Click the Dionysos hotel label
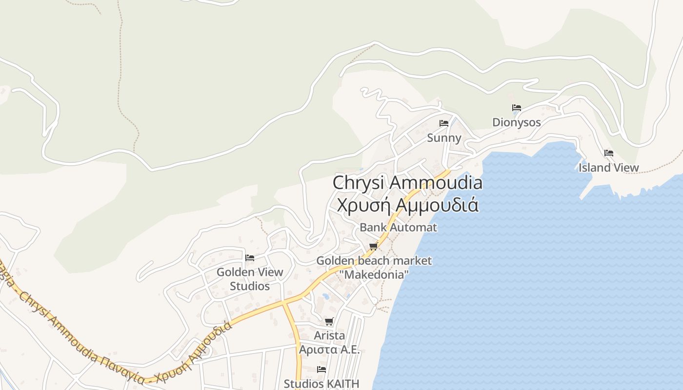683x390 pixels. coord(516,122)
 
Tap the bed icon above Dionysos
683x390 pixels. coord(517,108)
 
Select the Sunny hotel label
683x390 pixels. coord(444,138)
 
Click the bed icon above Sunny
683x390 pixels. coord(444,123)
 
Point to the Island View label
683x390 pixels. coord(608,168)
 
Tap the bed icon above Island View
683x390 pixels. coord(608,153)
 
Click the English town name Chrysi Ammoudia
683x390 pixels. coord(407,183)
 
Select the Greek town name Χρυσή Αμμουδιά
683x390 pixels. coord(407,205)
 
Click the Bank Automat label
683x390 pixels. coord(398,227)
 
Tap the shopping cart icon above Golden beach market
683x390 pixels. coord(374,246)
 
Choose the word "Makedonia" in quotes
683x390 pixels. coord(375,275)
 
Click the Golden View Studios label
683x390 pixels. coord(250,279)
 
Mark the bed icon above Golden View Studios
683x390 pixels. coord(250,257)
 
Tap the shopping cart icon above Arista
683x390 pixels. coord(329,321)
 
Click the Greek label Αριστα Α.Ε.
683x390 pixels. coord(329,350)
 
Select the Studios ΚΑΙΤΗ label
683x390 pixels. coord(321,384)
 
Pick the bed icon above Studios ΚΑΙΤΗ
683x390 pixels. coord(321,370)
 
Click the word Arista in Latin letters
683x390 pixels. coord(329,335)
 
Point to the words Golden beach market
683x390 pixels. coord(374,261)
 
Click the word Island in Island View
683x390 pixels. coord(593,168)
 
